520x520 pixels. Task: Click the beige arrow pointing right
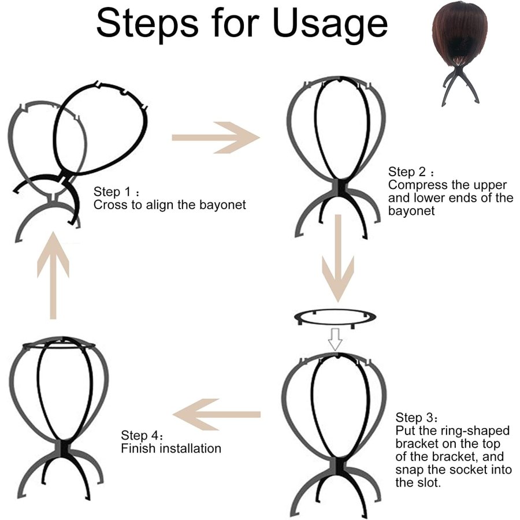[x=216, y=138]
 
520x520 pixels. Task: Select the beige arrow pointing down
[x=338, y=258]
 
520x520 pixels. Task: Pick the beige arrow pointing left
[x=216, y=414]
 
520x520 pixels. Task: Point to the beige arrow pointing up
[x=53, y=276]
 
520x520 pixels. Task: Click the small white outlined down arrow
[x=335, y=340]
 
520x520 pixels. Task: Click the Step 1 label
[x=116, y=192]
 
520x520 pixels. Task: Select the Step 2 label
[x=411, y=172]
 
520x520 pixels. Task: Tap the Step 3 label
[x=417, y=417]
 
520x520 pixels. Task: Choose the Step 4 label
[x=142, y=435]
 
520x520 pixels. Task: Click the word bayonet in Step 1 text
[x=222, y=205]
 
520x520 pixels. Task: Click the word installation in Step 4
[x=190, y=448]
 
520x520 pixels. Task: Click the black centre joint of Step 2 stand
[x=338, y=188]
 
